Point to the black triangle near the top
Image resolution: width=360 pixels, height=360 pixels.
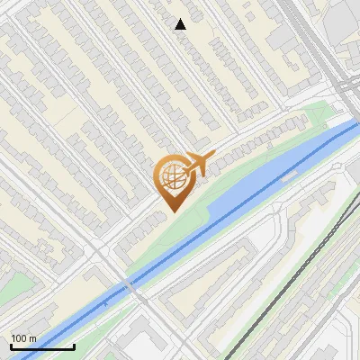point(180,24)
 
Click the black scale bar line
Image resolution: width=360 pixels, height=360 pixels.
point(41,347)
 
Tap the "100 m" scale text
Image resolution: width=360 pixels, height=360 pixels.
point(24,338)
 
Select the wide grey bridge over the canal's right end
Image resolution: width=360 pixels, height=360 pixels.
point(346,126)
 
